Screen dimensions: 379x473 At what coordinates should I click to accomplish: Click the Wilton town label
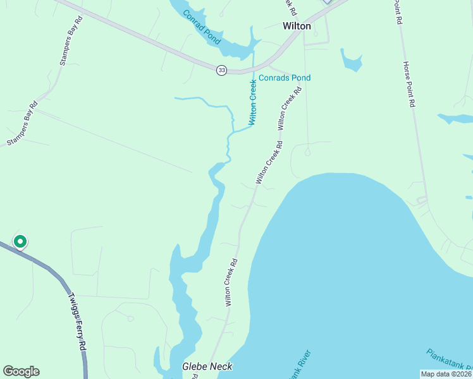296,26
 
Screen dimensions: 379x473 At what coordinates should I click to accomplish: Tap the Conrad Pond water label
202,27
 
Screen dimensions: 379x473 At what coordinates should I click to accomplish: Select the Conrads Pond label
284,78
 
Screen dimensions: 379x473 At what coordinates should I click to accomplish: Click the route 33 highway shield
221,70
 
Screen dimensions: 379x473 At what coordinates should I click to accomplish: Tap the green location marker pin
20,241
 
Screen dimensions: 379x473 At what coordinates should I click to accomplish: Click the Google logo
21,371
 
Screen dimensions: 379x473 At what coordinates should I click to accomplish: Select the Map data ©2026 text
446,374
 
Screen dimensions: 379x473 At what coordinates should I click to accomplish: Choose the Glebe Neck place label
207,366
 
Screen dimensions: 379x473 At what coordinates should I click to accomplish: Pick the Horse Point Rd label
408,83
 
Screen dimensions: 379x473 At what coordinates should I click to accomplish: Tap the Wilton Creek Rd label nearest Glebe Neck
232,282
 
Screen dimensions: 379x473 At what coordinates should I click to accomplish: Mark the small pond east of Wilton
351,60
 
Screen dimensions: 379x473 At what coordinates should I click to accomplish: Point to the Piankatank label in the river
449,363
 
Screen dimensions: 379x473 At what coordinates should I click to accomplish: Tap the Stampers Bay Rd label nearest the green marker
23,124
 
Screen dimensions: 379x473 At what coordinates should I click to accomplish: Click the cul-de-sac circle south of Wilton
307,152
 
